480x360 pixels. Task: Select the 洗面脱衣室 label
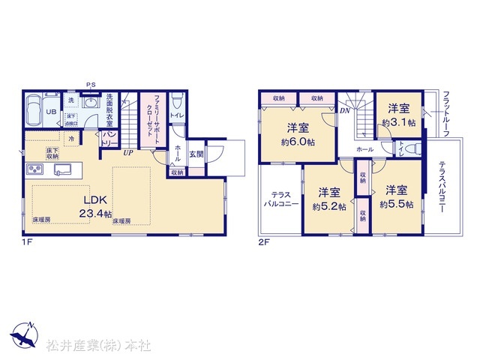click(x=109, y=109)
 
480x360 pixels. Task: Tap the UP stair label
click(x=129, y=151)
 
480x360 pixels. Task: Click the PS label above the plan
click(x=91, y=84)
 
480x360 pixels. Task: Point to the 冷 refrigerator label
click(x=71, y=139)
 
